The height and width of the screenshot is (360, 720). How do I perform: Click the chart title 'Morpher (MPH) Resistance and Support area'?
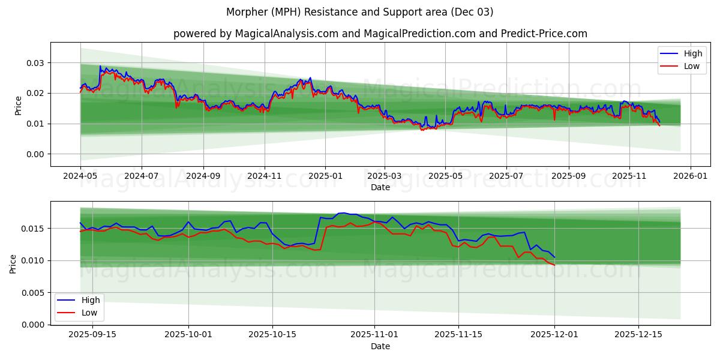click(x=360, y=12)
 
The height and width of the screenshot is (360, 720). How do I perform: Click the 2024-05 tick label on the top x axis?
click(x=80, y=177)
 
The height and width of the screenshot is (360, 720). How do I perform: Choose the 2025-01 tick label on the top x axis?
click(x=325, y=177)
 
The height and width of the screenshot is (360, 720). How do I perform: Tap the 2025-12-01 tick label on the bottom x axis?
click(x=554, y=335)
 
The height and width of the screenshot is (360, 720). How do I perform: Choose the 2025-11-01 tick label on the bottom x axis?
click(x=374, y=335)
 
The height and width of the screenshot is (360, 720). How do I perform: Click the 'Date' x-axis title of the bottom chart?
click(x=380, y=346)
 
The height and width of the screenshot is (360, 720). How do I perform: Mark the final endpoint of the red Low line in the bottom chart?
click(x=554, y=265)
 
